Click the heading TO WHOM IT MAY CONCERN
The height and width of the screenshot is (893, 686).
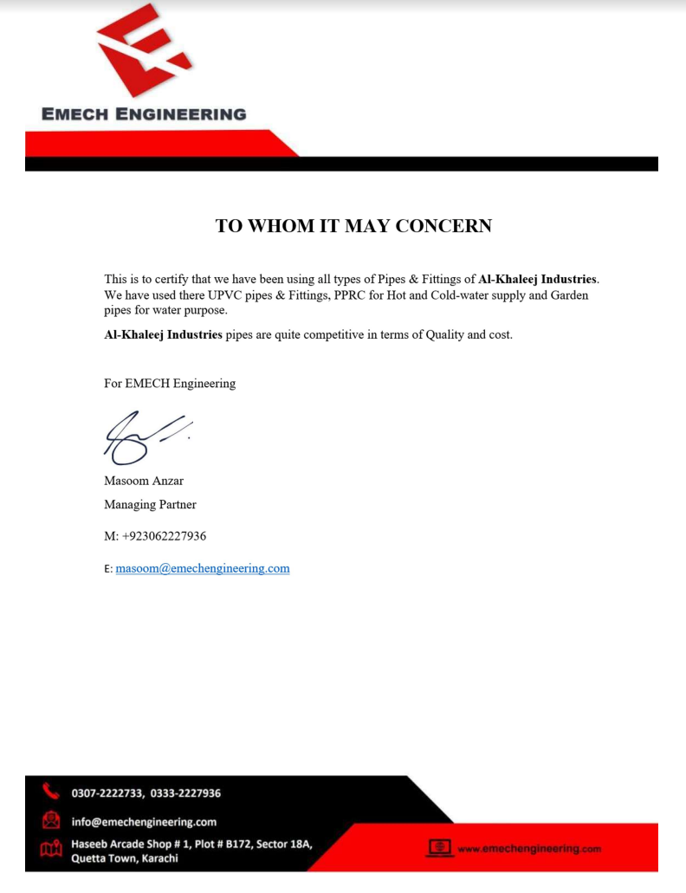353,226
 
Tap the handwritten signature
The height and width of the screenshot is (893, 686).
144,436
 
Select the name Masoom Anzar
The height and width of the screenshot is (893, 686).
144,481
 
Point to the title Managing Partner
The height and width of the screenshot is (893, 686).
150,504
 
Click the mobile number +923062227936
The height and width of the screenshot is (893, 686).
164,536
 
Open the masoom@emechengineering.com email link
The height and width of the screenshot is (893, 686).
203,568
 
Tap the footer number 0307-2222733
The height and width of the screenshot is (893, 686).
108,793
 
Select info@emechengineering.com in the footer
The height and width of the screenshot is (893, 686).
144,821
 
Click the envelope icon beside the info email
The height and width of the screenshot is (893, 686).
50,819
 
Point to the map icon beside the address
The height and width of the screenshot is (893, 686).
50,850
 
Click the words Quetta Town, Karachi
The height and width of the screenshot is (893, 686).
125,858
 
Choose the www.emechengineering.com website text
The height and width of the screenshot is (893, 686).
528,849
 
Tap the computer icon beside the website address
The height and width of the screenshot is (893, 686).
439,847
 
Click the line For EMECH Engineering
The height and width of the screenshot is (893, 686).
170,383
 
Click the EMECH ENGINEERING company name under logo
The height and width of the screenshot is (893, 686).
144,114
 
